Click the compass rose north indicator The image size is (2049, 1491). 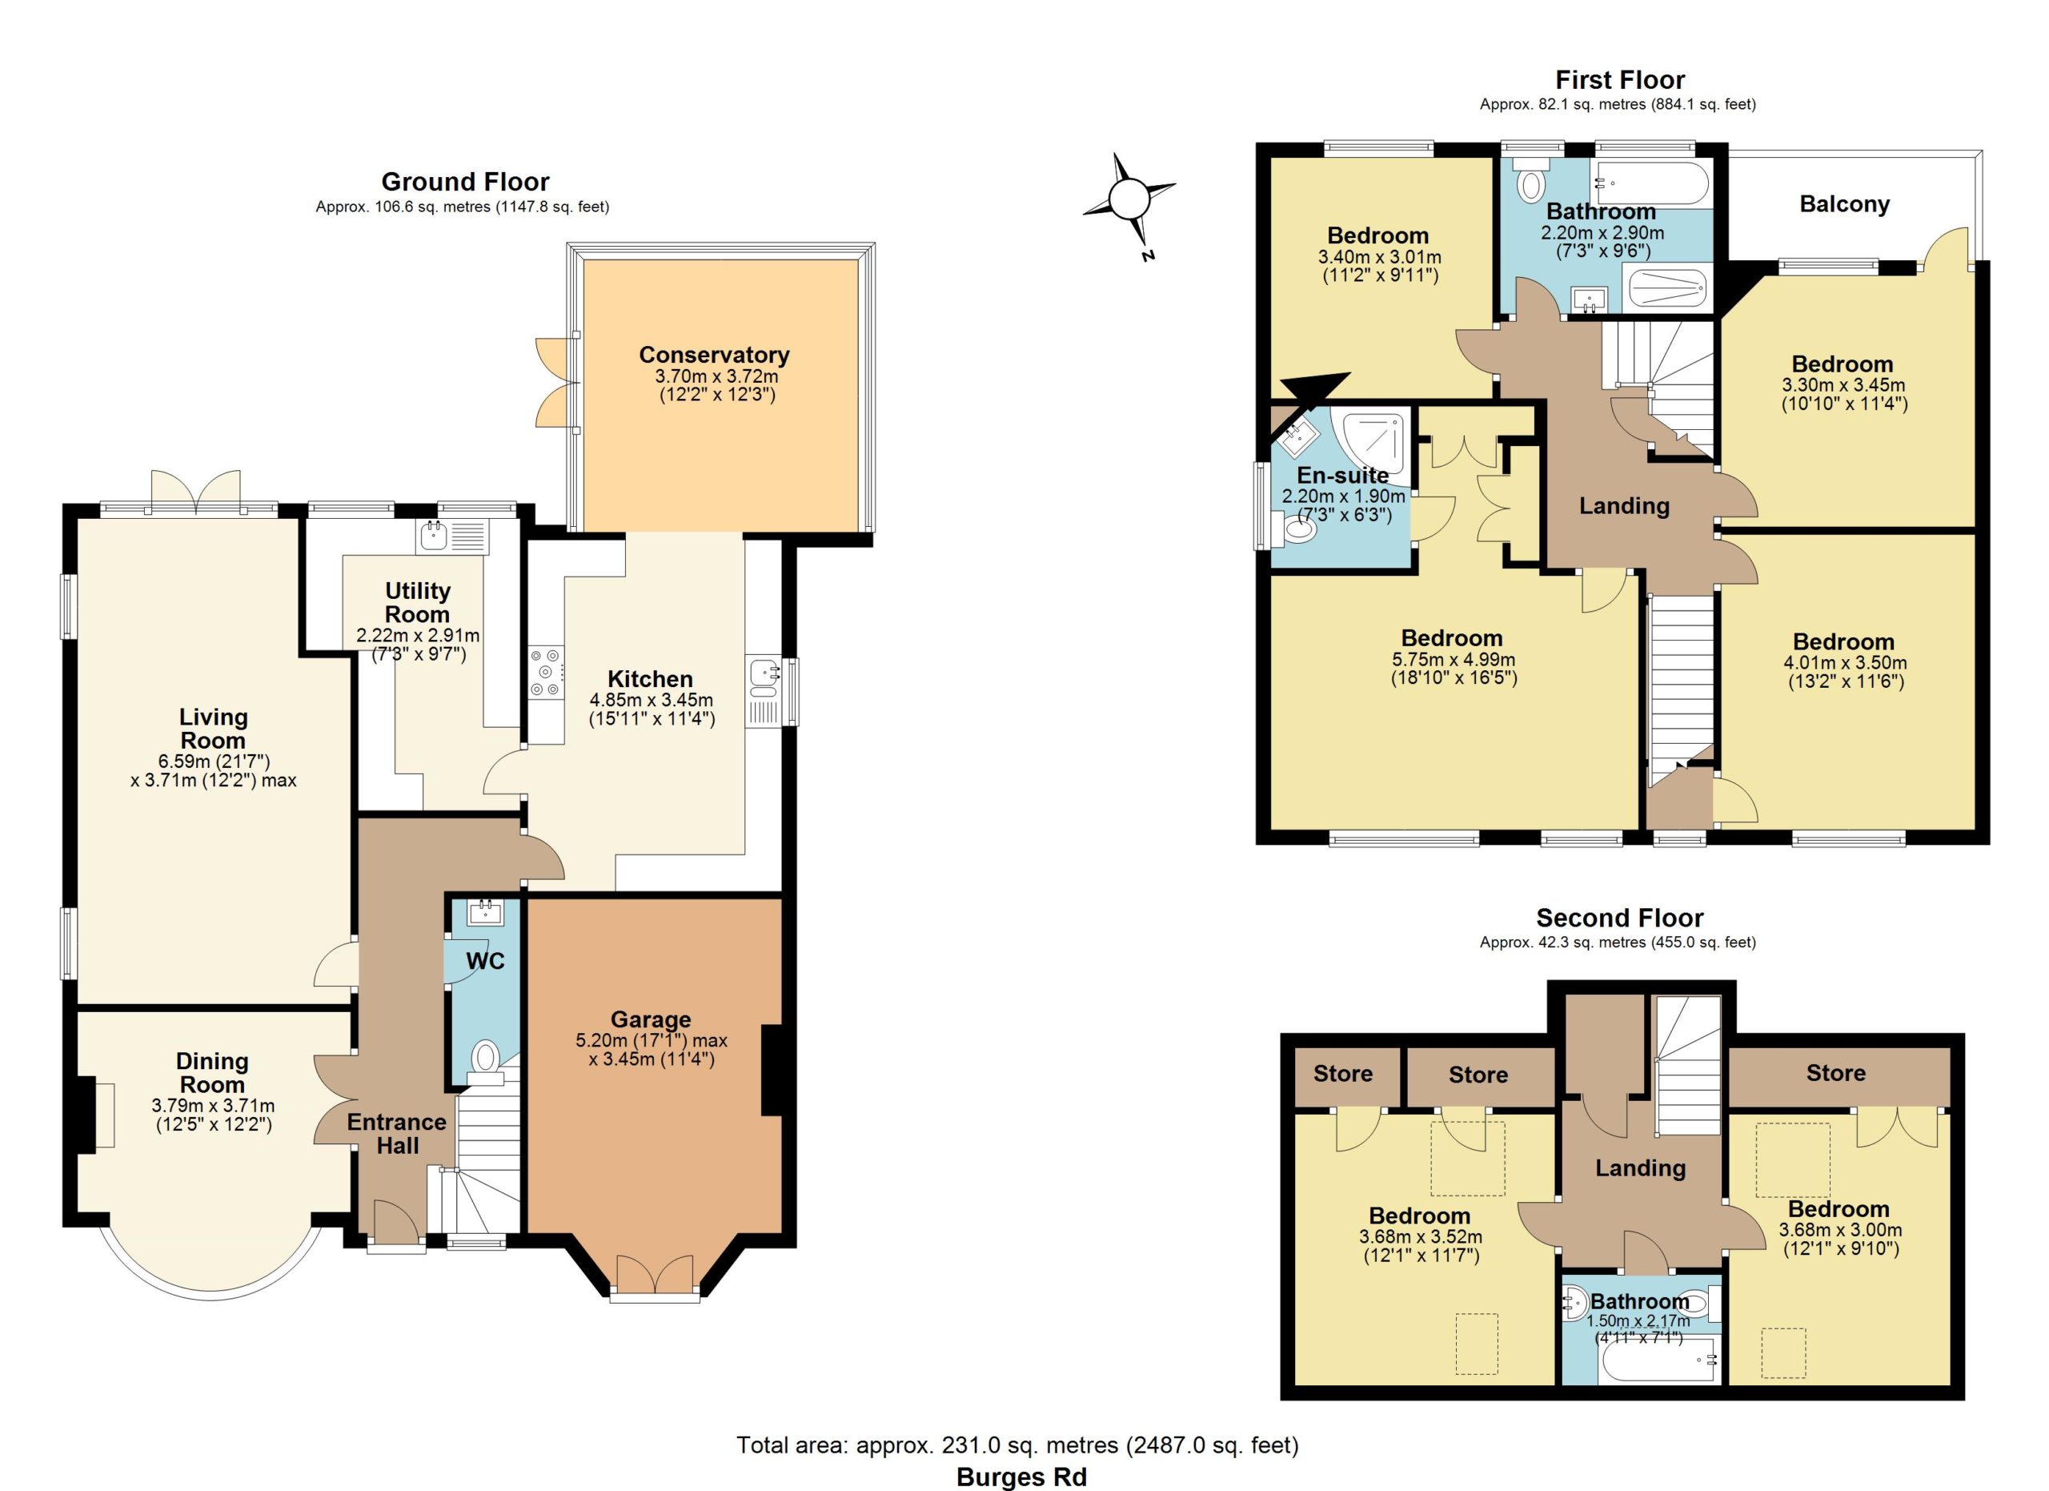(1129, 199)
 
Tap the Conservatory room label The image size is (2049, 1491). (714, 355)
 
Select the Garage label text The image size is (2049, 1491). (651, 1019)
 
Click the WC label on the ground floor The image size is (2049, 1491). (485, 961)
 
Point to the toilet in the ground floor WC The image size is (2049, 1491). (486, 1061)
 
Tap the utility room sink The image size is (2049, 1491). (451, 537)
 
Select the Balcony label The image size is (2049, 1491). (1844, 204)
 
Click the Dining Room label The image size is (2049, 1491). (211, 1073)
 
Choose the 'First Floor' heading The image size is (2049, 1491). (1620, 80)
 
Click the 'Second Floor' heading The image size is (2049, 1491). (1620, 918)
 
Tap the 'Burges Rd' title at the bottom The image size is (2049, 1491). (1022, 1477)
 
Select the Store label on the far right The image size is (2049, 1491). (1836, 1073)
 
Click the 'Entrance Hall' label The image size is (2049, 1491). (397, 1134)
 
